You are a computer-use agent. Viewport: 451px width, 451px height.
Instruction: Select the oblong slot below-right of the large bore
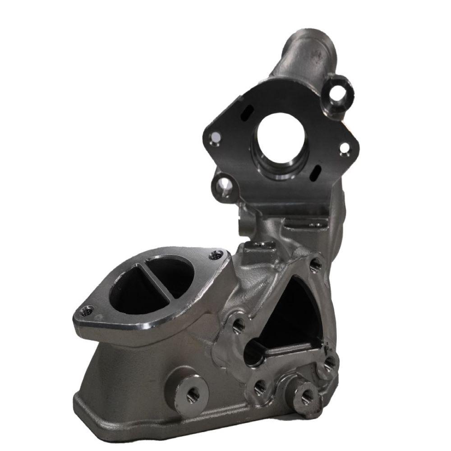(317, 171)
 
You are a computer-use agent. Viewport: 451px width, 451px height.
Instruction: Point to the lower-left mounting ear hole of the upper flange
(222, 184)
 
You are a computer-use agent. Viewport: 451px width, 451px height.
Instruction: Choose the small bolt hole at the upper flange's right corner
(345, 147)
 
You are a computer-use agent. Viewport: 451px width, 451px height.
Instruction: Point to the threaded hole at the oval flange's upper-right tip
(217, 255)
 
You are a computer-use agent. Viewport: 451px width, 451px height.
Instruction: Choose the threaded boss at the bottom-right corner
(307, 396)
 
